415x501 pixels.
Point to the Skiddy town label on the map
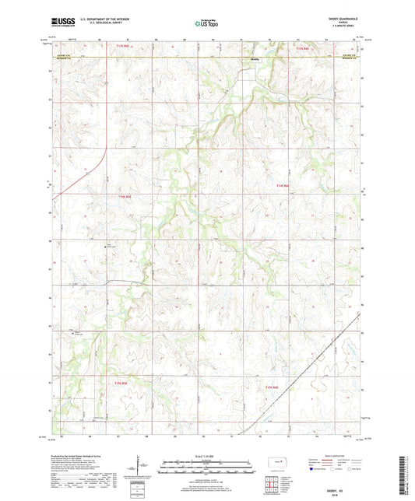(x=253, y=60)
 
